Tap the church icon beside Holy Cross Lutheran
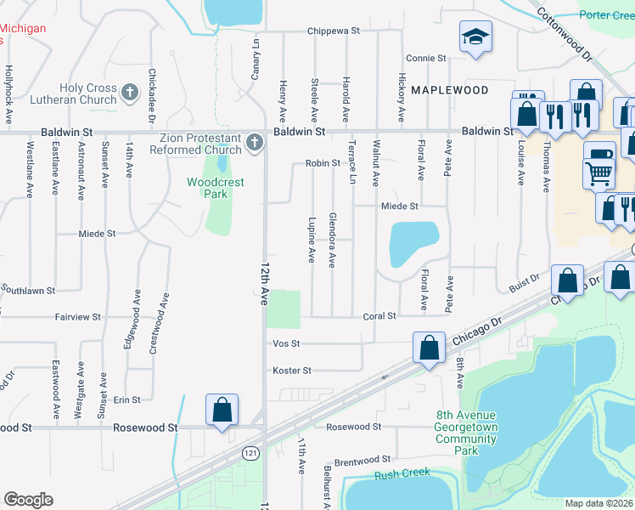pyautogui.click(x=129, y=92)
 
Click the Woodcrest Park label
pyautogui.click(x=208, y=188)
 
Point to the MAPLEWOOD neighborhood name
pyautogui.click(x=449, y=90)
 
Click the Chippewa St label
pyautogui.click(x=334, y=31)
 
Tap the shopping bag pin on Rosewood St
pyautogui.click(x=222, y=410)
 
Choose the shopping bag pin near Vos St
pyautogui.click(x=430, y=347)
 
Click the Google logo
pyautogui.click(x=28, y=500)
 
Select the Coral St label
pyautogui.click(x=380, y=316)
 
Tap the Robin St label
pyautogui.click(x=323, y=164)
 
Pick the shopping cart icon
pyautogui.click(x=599, y=173)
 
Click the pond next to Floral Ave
pyautogui.click(x=413, y=243)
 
